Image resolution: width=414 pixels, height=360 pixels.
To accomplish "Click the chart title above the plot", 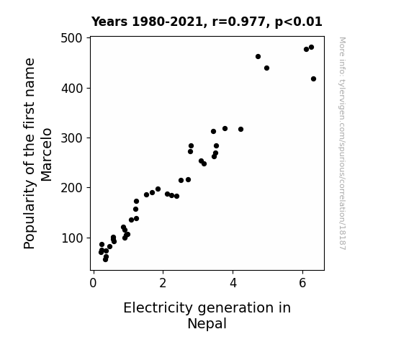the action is [207, 22].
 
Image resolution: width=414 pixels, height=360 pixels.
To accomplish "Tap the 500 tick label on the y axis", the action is [71, 38].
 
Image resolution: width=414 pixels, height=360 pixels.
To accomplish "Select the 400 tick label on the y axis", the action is [71, 89].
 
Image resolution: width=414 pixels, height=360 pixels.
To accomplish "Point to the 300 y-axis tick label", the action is [71, 138].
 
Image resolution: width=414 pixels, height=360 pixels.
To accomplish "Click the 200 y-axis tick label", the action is [71, 188].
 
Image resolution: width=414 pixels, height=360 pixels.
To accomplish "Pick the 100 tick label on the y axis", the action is [71, 238].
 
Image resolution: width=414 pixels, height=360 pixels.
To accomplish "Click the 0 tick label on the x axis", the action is [93, 283].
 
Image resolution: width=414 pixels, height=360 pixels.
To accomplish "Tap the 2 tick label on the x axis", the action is [163, 283].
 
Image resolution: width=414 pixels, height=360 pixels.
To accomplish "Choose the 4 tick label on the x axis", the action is [233, 283].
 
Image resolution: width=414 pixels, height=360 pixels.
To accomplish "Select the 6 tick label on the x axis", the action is [302, 283].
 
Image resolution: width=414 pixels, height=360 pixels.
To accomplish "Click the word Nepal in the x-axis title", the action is [207, 324].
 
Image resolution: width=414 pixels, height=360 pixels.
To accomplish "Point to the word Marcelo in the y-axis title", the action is [47, 155].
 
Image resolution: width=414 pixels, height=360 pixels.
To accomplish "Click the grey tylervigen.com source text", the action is [343, 143].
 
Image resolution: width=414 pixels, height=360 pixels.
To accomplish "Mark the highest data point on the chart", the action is [311, 48].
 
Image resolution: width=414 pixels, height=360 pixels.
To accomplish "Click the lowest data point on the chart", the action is [105, 260].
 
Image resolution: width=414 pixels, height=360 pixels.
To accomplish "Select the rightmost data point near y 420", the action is [313, 78].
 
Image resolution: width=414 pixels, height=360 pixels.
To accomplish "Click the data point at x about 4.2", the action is [240, 129].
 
